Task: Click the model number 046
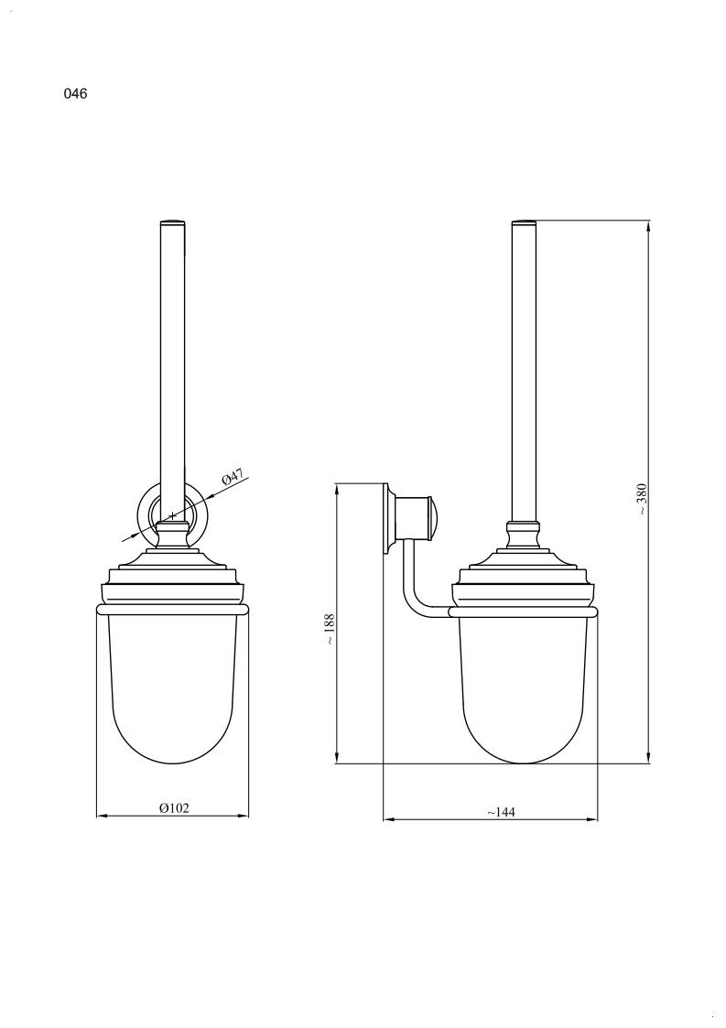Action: [75, 93]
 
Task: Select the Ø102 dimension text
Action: [174, 807]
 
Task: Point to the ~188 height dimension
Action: [330, 629]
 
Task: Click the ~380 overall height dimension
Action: [642, 498]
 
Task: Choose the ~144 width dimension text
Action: [501, 812]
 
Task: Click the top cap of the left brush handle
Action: [173, 223]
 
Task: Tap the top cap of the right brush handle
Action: [524, 223]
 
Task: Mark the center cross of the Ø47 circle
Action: [172, 515]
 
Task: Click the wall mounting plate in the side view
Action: [388, 519]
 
